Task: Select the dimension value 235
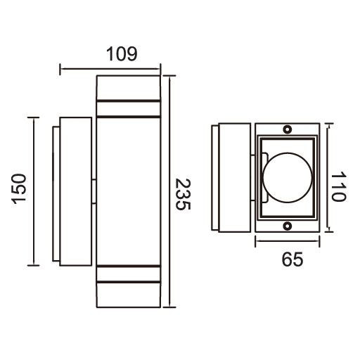click(x=182, y=195)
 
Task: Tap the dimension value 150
click(x=20, y=191)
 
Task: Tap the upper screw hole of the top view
click(x=287, y=130)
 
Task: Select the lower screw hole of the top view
click(x=287, y=226)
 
